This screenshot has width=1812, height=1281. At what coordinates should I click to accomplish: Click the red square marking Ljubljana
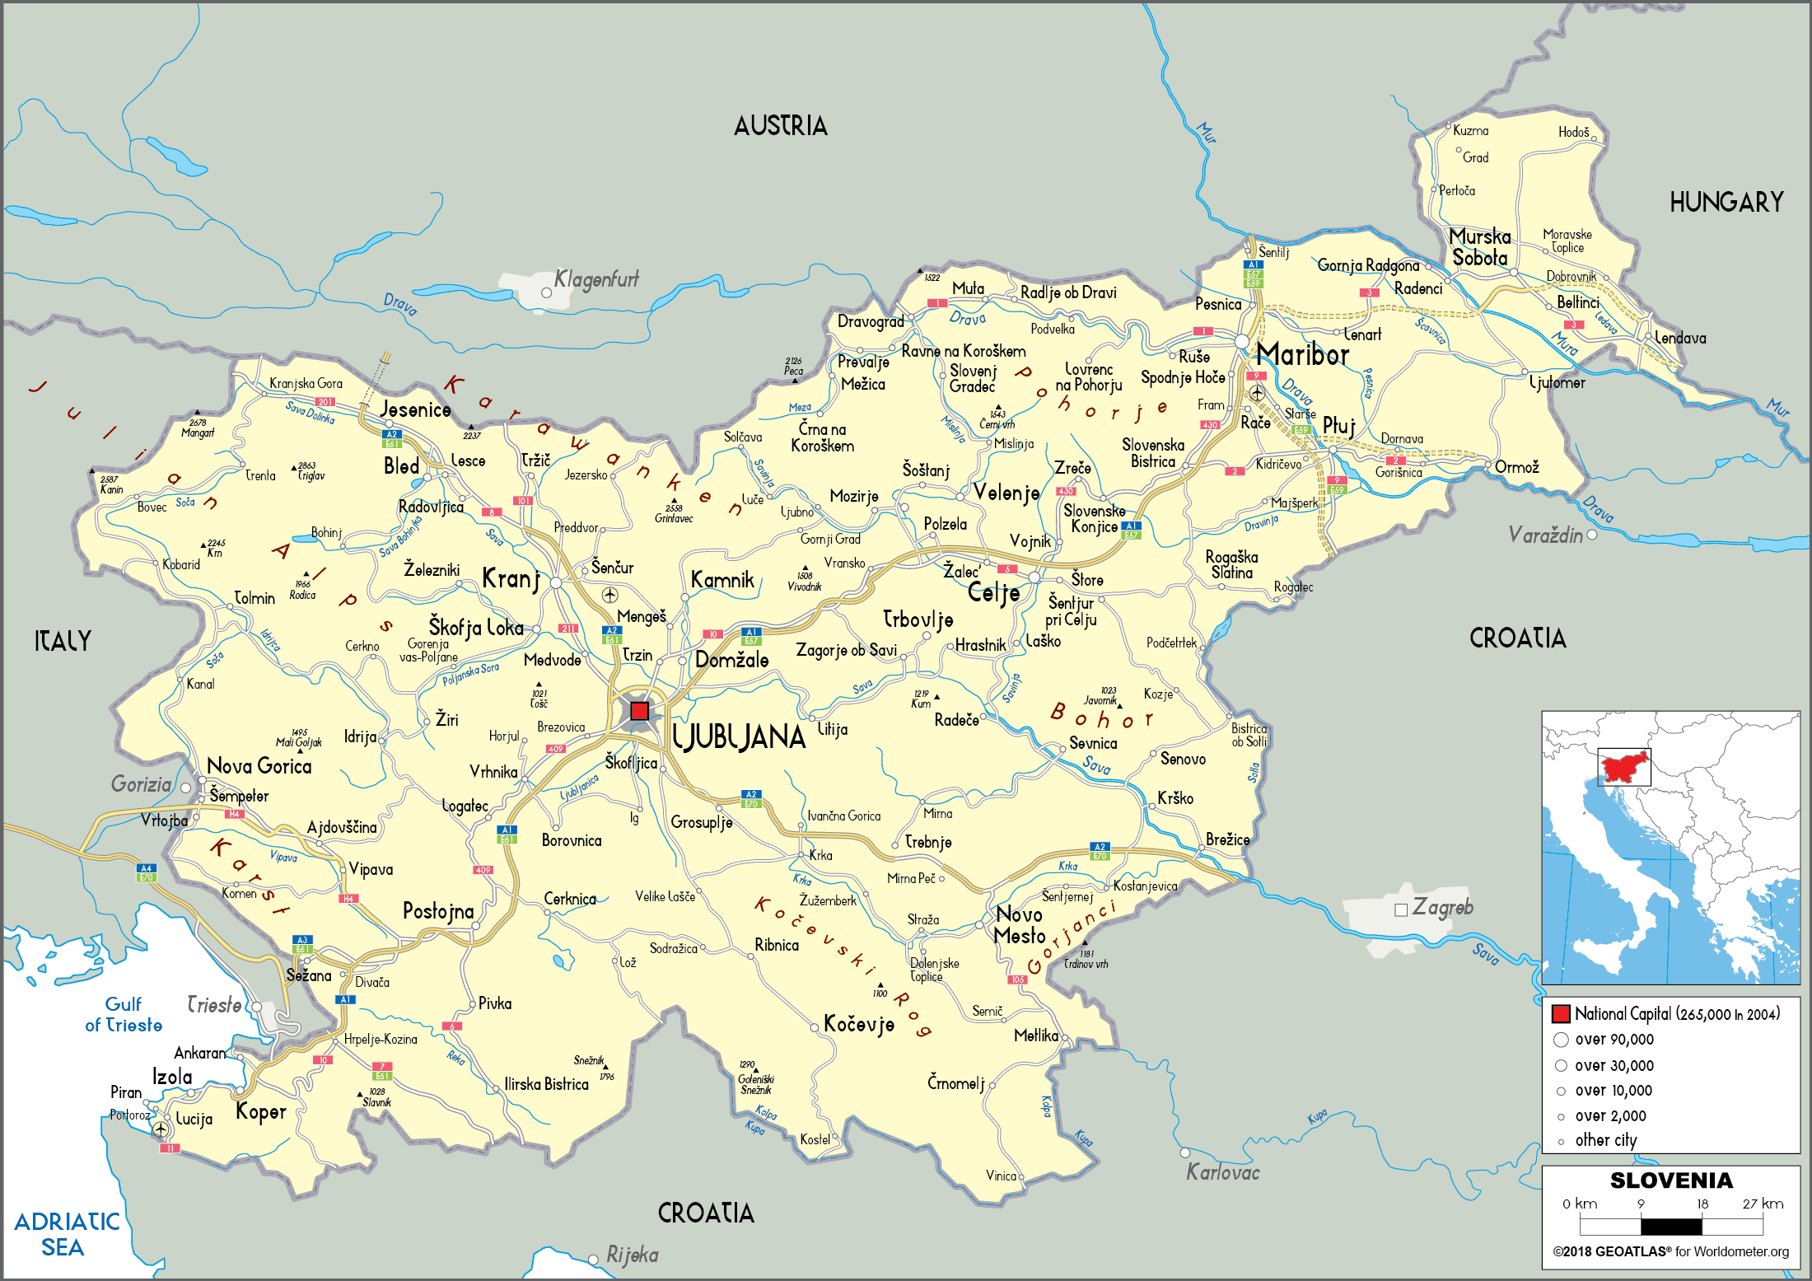[x=639, y=710]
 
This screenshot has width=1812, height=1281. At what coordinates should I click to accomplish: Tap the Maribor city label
[x=1302, y=355]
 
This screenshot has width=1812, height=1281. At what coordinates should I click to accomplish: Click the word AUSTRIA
[x=780, y=126]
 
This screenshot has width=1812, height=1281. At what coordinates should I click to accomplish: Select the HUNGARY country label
[x=1726, y=203]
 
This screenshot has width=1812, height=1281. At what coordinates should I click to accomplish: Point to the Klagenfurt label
[x=595, y=279]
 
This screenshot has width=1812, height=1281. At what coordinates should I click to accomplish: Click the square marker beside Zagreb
[x=1400, y=910]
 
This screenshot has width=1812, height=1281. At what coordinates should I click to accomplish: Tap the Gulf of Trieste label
[x=124, y=1015]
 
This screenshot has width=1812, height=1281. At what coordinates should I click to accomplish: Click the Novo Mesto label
[x=1019, y=925]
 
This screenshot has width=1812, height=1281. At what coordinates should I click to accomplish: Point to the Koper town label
[x=261, y=1111]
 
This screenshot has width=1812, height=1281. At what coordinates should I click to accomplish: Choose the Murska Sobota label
[x=1479, y=247]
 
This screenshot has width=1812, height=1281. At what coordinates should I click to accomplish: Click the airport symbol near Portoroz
[x=161, y=1129]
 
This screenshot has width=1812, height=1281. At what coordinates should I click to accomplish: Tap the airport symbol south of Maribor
[x=1257, y=393]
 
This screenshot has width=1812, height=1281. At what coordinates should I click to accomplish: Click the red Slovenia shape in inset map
[x=1625, y=768]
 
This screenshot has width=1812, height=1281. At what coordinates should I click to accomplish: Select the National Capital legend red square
[x=1560, y=1013]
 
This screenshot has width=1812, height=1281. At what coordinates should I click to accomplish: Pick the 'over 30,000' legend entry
[x=1614, y=1065]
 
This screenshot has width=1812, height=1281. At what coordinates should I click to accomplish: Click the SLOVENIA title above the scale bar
[x=1670, y=1180]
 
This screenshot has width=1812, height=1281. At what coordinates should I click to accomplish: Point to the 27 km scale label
[x=1763, y=1204]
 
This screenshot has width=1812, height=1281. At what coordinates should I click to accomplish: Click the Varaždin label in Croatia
[x=1545, y=535]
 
